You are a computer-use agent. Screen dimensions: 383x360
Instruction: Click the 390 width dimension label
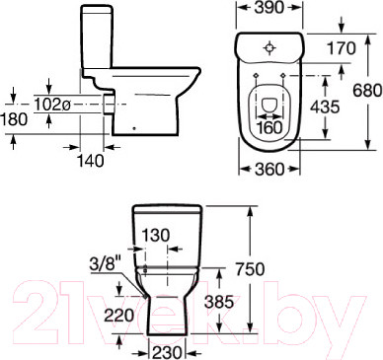click(x=269, y=8)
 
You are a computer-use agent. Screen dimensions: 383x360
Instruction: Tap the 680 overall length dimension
click(x=367, y=90)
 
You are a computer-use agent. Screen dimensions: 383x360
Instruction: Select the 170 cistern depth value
click(x=342, y=48)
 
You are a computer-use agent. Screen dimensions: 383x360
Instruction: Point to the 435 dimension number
click(x=324, y=107)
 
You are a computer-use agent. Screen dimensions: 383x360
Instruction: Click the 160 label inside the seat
click(x=269, y=127)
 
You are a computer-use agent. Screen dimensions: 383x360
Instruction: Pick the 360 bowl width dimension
click(x=269, y=170)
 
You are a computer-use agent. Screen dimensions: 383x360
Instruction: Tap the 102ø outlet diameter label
click(x=52, y=105)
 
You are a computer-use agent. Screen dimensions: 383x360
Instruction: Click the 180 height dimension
click(x=14, y=119)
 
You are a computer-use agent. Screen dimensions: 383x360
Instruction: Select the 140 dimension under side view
click(x=90, y=161)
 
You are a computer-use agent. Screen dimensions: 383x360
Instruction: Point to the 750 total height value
click(x=250, y=269)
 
